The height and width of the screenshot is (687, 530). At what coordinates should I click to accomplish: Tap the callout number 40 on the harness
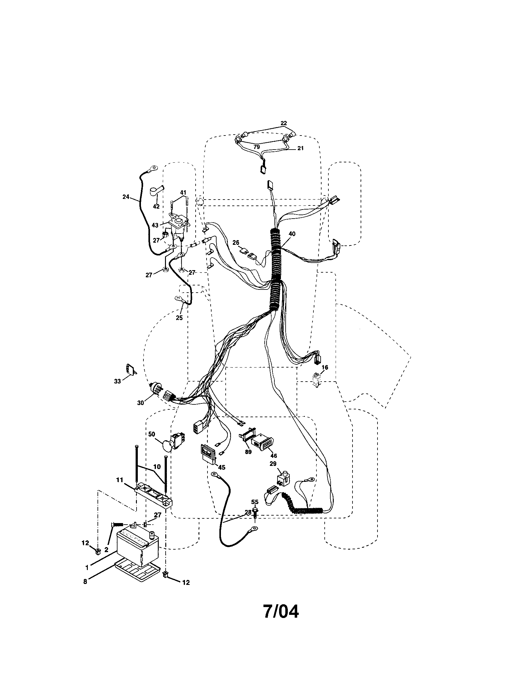(x=292, y=234)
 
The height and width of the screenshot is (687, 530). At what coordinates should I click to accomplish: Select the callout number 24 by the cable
(x=126, y=197)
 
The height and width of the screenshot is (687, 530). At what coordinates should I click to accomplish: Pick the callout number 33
(x=117, y=381)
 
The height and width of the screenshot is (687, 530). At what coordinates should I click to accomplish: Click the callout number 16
(x=325, y=367)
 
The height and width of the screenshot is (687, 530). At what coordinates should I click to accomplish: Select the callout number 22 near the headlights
(x=283, y=123)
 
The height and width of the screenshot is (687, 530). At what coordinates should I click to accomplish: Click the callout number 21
(x=300, y=148)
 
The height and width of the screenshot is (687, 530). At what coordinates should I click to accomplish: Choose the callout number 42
(x=156, y=206)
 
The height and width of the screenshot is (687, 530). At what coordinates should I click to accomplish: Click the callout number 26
(x=236, y=243)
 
